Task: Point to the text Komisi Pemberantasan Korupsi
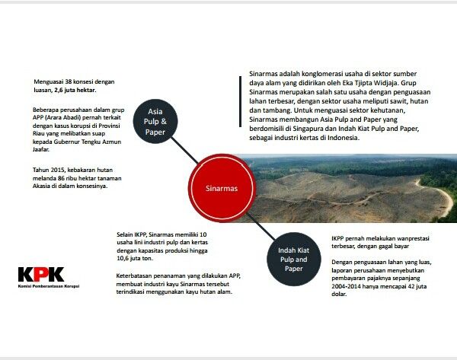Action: [x=48, y=286]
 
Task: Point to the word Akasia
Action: [x=43, y=185]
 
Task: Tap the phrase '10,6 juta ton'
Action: [x=134, y=258]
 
